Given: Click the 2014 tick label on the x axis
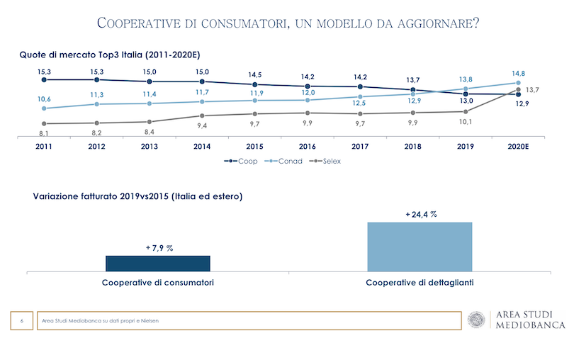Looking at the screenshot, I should [202, 147].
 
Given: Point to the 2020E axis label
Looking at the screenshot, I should [519, 147].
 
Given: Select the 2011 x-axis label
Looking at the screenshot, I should [44, 147].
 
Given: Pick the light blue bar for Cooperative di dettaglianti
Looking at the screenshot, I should [420, 246].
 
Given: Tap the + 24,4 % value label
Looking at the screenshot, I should [420, 213].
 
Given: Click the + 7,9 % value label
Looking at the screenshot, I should [159, 247].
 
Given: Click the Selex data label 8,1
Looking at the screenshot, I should [44, 133].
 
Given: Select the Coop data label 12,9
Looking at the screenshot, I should [522, 104].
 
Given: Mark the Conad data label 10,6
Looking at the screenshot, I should [44, 99].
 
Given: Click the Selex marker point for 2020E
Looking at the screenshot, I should [519, 89].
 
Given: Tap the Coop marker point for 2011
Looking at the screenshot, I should [44, 79].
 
